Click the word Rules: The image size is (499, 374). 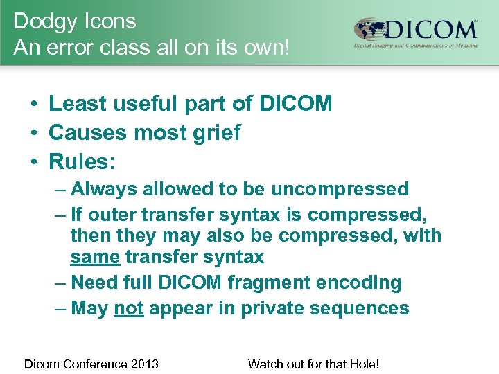(x=82, y=161)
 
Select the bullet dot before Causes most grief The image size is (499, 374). (x=33, y=133)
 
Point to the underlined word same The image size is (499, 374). (x=96, y=258)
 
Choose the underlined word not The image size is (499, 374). (x=128, y=308)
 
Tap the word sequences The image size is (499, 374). (x=361, y=308)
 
